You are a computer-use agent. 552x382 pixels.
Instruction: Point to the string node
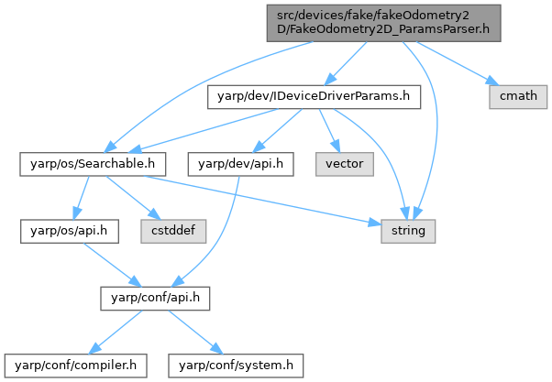pos(408,231)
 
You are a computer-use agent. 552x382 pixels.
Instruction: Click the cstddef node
pos(171,231)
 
